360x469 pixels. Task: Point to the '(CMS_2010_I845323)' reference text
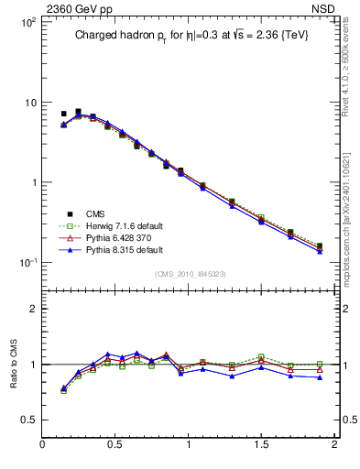click(x=189, y=274)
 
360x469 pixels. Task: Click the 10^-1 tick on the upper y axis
click(x=27, y=263)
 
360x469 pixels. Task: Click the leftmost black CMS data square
click(x=63, y=115)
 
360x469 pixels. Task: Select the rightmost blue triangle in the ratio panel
click(x=319, y=377)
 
